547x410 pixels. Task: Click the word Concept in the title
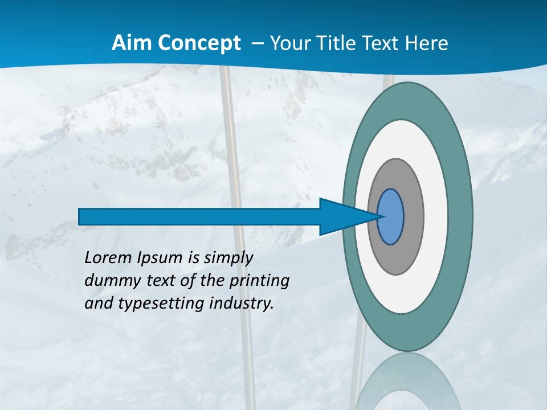pos(197,43)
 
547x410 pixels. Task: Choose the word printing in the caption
pos(259,281)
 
